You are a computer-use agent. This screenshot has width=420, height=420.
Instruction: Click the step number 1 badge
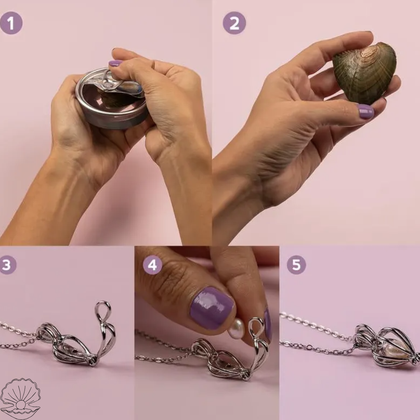click(x=11, y=23)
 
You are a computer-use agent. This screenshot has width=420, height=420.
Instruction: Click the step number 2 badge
click(x=234, y=23)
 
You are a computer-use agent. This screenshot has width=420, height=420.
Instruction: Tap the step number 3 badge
click(x=7, y=265)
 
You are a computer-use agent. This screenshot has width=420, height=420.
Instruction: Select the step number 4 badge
click(x=152, y=265)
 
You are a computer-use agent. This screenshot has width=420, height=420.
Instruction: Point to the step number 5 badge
click(x=296, y=265)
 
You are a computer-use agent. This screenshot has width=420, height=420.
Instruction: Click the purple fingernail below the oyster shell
click(x=366, y=112)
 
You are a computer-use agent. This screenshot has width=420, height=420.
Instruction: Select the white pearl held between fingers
click(x=236, y=329)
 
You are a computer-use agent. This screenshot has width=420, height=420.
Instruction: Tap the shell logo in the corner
click(x=20, y=399)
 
